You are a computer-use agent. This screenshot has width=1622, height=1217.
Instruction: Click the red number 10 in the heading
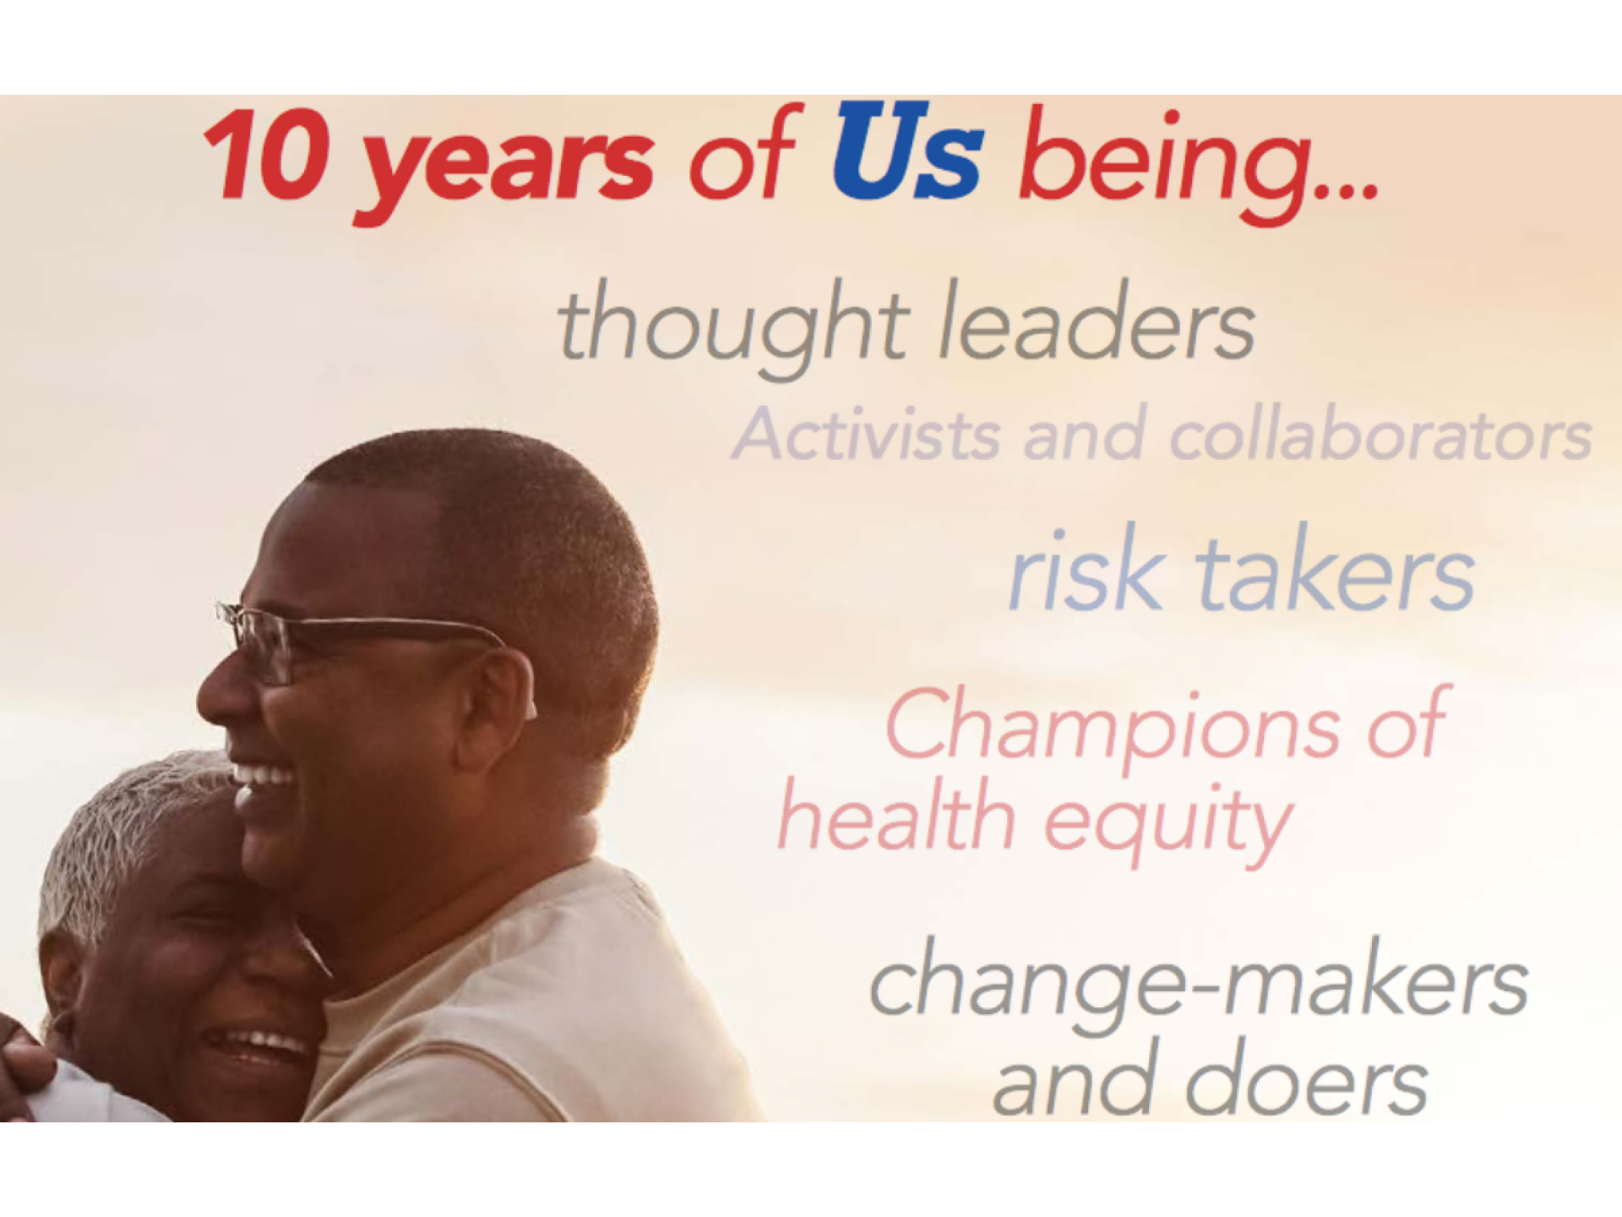268,156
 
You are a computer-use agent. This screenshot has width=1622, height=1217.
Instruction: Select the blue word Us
909,152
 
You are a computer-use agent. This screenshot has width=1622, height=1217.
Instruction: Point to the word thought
733,328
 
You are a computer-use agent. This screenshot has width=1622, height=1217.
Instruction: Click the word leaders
1097,321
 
